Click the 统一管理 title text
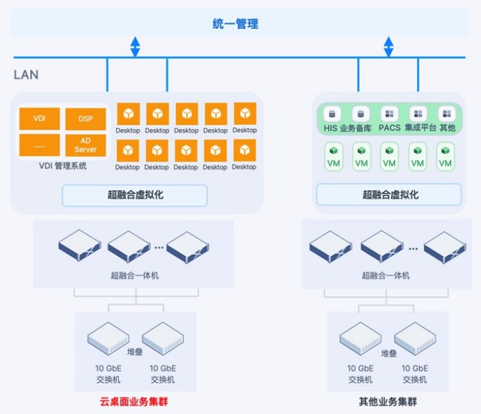235,24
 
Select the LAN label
26,75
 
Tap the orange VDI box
40,119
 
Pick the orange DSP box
86,119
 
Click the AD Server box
86,146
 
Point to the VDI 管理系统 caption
63,165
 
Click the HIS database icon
332,114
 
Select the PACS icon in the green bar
390,114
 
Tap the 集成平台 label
421,128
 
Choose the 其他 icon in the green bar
447,114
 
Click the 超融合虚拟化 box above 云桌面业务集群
135,195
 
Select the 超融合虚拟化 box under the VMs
389,194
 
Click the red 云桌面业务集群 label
134,402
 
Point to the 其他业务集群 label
388,402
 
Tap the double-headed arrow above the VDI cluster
135,47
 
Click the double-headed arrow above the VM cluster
389,47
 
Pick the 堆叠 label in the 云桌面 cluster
135,352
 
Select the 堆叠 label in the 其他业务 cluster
389,354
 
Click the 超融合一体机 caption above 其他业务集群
385,275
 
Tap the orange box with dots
40,145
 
